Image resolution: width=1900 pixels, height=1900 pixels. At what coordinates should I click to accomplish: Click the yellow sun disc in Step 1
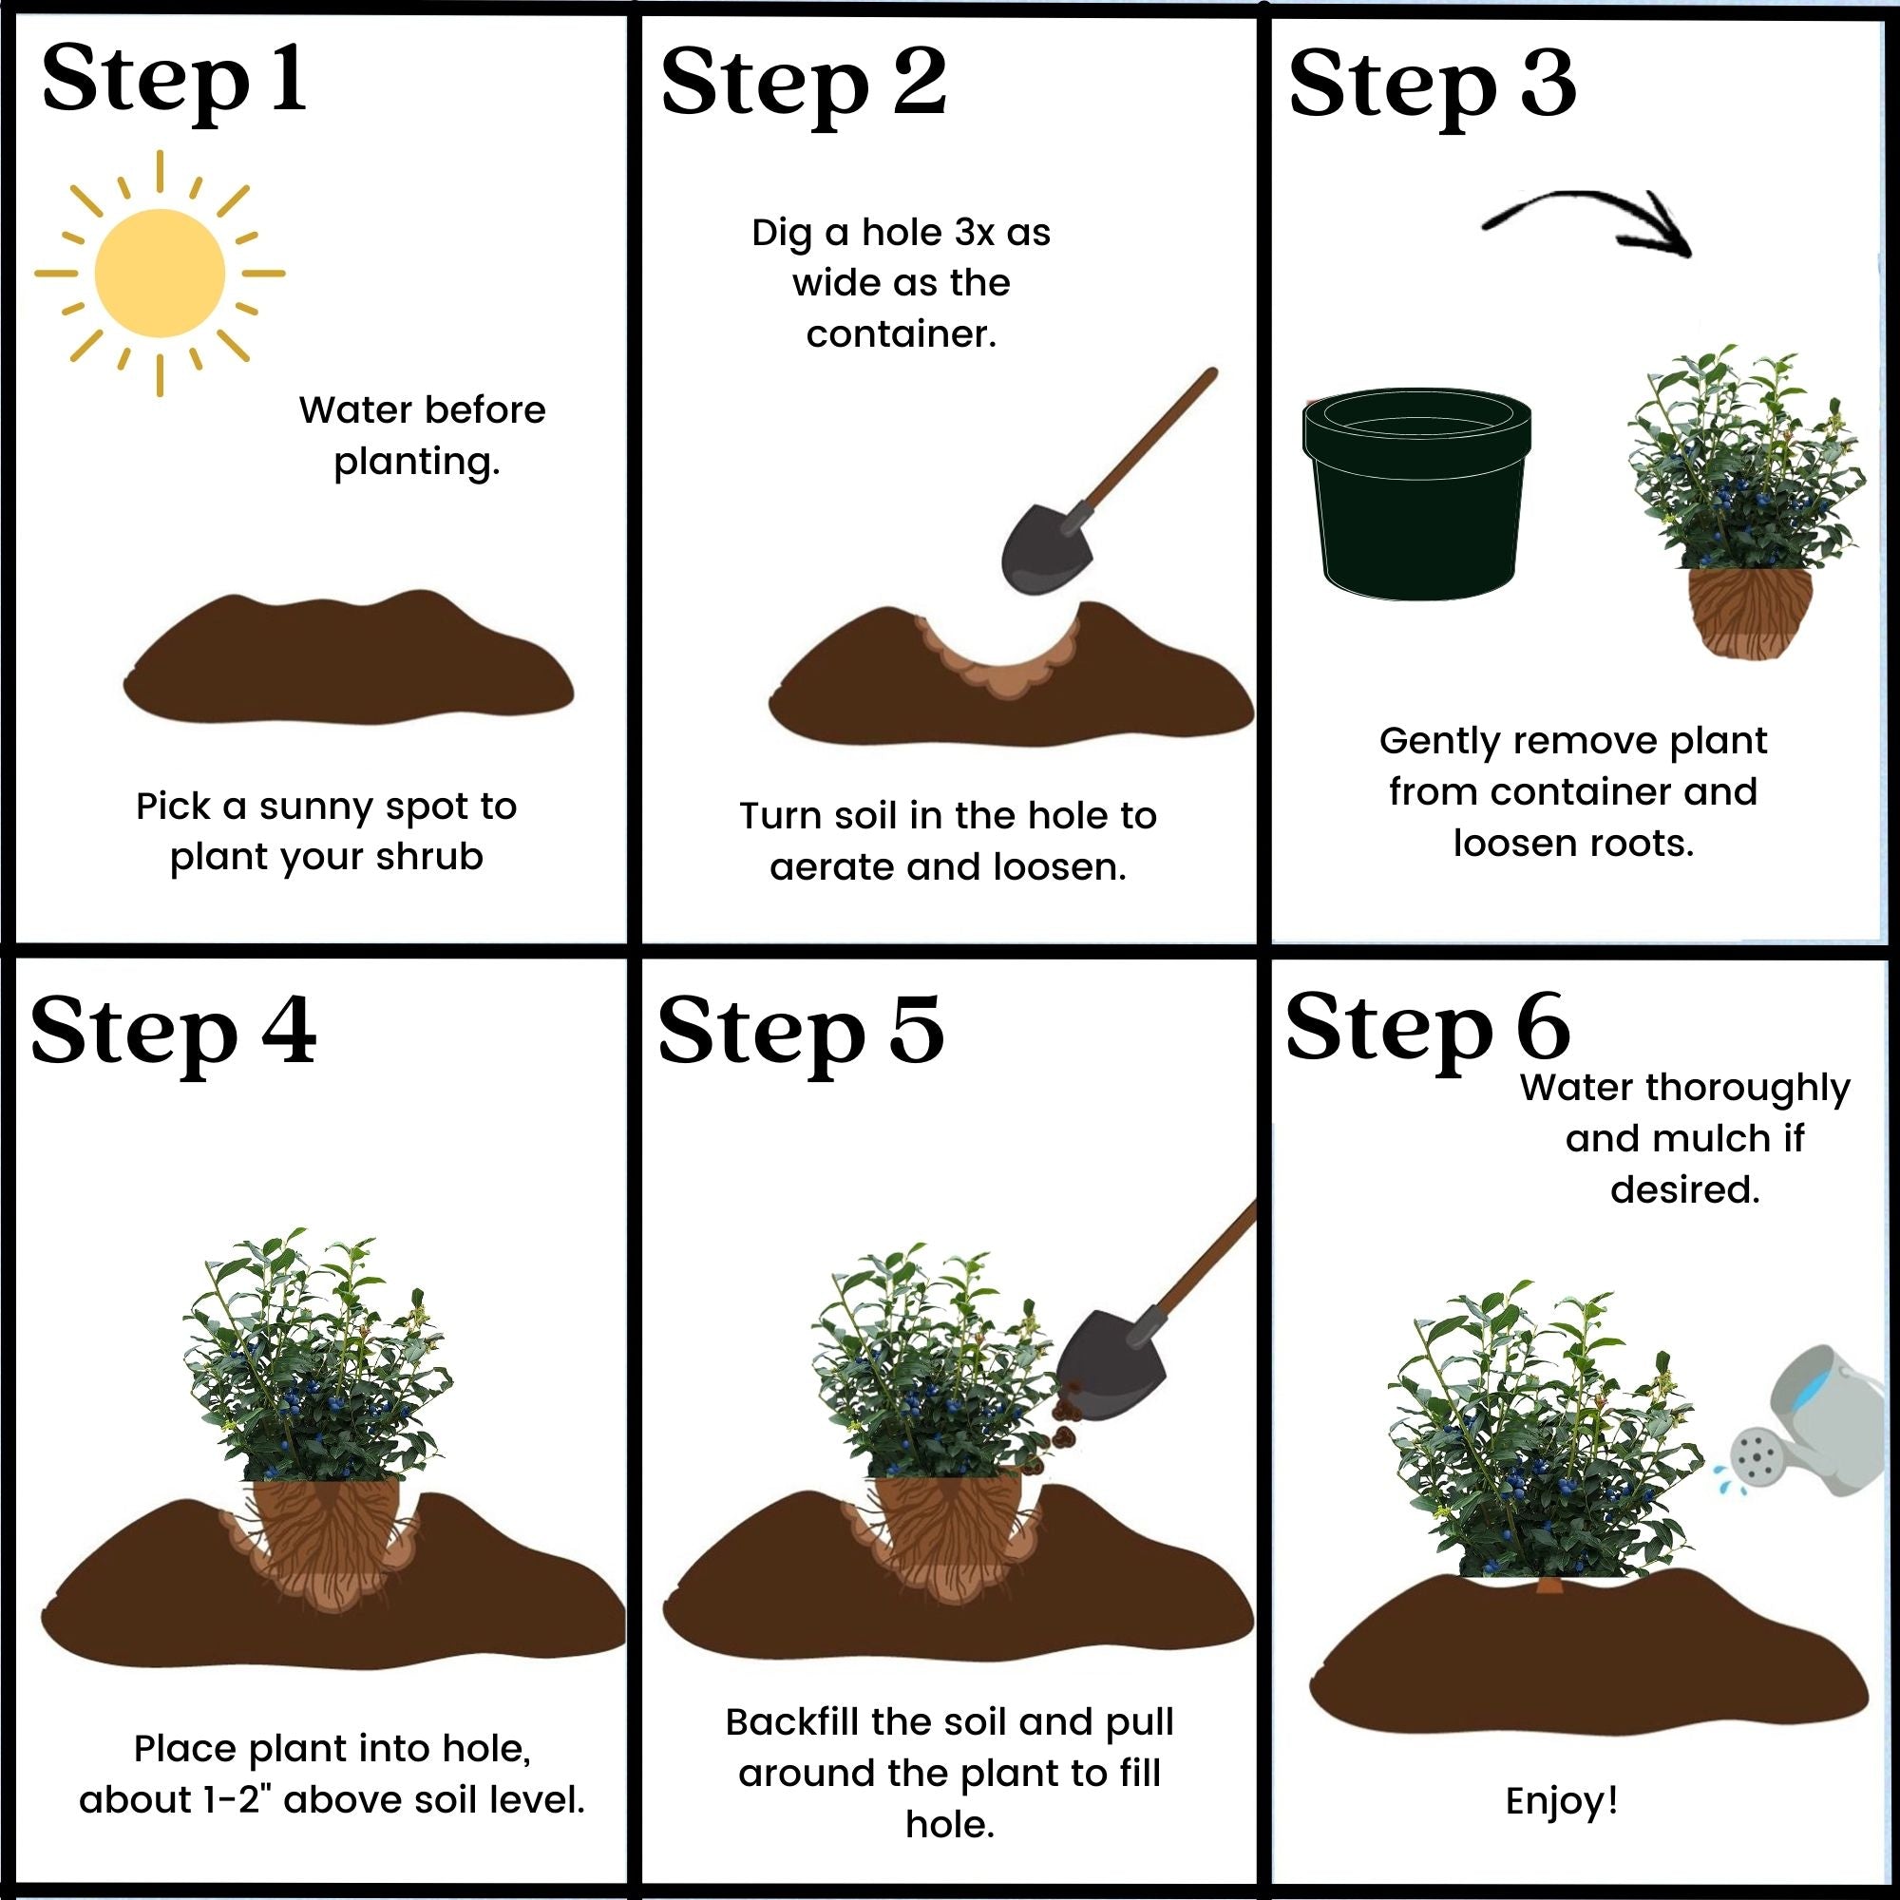[x=160, y=274]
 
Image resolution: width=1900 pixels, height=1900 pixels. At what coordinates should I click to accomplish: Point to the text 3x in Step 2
[x=975, y=233]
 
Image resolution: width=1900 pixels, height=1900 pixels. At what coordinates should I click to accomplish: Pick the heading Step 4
[x=173, y=1031]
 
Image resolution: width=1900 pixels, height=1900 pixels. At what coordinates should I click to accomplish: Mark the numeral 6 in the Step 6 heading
[x=1542, y=1028]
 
